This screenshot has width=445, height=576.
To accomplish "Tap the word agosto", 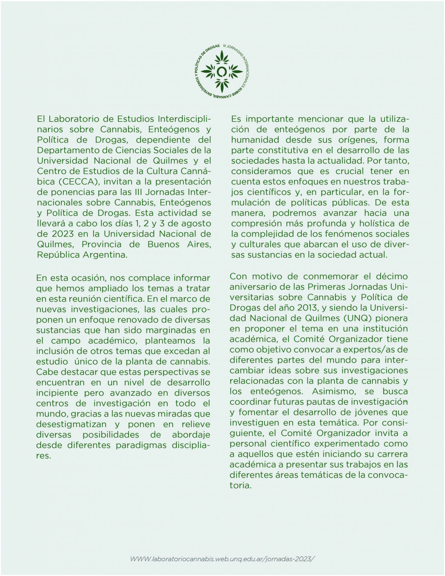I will tap(196, 223).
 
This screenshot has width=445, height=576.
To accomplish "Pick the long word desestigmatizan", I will tap(71, 424).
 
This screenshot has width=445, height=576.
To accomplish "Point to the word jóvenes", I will tap(362, 413).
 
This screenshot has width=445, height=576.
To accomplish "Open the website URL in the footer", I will tap(221, 559).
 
